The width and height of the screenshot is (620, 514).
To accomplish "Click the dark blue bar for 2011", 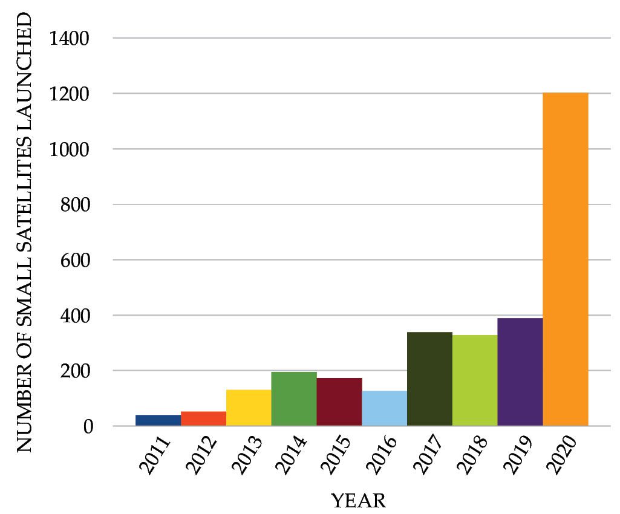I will [158, 420].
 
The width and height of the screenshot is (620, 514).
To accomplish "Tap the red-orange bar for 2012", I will [203, 418].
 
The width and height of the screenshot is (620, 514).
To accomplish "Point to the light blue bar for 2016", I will [385, 408].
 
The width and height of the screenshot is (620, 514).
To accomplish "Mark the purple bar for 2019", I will [520, 372].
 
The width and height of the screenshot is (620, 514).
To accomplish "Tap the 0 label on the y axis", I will [90, 426].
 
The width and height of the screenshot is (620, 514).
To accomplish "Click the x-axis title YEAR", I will [358, 501].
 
